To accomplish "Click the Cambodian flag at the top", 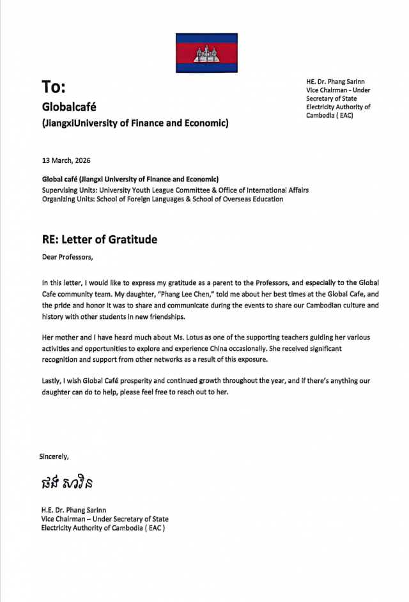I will click(x=206, y=53).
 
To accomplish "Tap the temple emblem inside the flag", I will click(x=206, y=54).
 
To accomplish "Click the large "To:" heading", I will click(x=54, y=86).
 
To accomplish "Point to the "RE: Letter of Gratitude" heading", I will click(x=100, y=240).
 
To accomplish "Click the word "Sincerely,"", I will click(x=54, y=456).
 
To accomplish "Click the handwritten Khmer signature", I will click(x=68, y=482).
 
